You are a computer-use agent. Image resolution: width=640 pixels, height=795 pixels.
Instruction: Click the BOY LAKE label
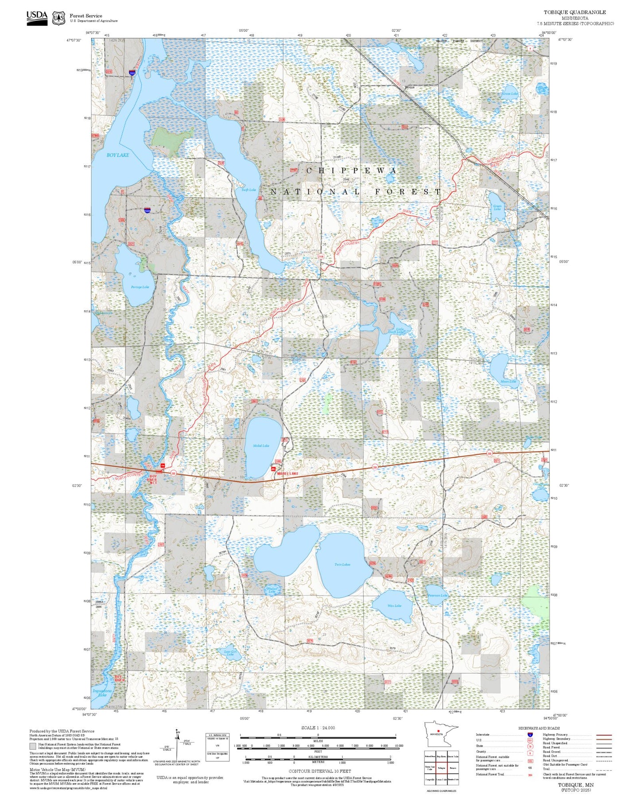tap(118, 155)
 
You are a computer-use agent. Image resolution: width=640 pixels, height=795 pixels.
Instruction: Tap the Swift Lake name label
tap(248, 190)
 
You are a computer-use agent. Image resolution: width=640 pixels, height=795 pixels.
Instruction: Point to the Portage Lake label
tap(140, 287)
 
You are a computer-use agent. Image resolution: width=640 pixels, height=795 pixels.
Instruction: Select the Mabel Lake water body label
tap(261, 446)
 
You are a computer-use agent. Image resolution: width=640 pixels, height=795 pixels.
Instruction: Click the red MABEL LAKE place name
tap(287, 474)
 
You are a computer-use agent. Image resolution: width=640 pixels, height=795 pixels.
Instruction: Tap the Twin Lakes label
tap(342, 565)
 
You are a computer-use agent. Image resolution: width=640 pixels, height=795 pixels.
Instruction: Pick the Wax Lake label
tap(394, 606)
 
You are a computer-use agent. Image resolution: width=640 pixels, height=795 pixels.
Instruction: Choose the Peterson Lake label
tap(438, 596)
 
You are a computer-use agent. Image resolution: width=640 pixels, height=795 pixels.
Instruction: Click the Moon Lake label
tap(508, 382)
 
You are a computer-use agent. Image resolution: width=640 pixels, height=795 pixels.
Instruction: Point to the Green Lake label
tap(497, 207)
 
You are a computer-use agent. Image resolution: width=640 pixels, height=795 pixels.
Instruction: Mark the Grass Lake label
tap(510, 94)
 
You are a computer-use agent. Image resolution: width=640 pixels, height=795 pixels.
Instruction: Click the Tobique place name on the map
tap(409, 87)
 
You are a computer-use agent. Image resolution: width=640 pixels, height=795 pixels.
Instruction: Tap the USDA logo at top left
tap(37, 18)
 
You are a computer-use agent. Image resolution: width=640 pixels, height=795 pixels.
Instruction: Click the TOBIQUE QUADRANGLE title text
tap(575, 12)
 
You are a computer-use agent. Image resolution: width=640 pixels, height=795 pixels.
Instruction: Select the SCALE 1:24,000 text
tap(318, 728)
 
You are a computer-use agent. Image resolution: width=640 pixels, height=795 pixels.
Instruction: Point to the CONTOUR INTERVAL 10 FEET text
tap(319, 772)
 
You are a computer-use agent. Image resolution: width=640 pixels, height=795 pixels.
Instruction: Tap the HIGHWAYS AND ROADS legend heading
tap(539, 728)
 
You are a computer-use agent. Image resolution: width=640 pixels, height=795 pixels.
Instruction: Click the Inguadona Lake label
tap(102, 693)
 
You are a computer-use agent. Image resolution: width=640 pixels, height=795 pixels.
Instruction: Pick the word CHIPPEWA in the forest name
tap(352, 171)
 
